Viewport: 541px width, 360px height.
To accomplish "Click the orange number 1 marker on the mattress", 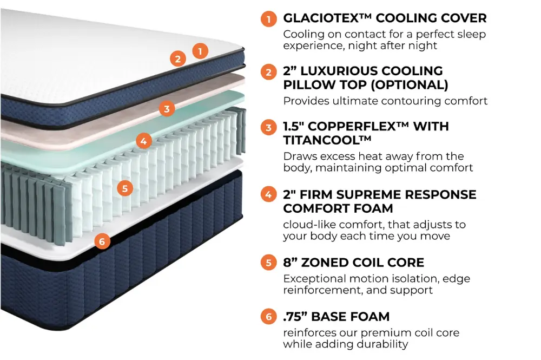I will [x=200, y=51].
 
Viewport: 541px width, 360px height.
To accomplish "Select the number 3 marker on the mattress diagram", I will [x=167, y=109].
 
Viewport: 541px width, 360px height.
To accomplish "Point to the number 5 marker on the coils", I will [x=125, y=188].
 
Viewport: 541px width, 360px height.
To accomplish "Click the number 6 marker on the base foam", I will [x=102, y=241].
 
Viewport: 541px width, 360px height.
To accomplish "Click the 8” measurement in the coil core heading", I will [x=291, y=263].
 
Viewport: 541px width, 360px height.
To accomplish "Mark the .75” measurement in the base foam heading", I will [x=298, y=316].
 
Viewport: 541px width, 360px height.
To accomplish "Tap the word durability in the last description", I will [x=381, y=344].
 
